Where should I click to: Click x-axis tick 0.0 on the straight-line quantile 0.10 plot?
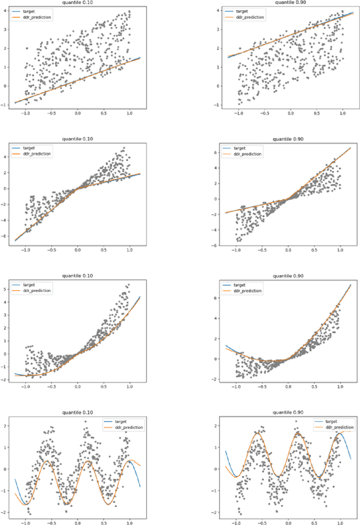(78, 113)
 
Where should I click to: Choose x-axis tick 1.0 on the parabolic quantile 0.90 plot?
(341, 387)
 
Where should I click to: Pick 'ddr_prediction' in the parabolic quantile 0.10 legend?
(38, 291)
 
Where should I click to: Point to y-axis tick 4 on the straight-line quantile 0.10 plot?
(6, 10)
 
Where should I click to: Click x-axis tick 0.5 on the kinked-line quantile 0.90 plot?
(315, 250)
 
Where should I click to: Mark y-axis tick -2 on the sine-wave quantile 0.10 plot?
(5, 512)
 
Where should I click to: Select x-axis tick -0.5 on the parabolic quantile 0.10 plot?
(51, 387)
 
